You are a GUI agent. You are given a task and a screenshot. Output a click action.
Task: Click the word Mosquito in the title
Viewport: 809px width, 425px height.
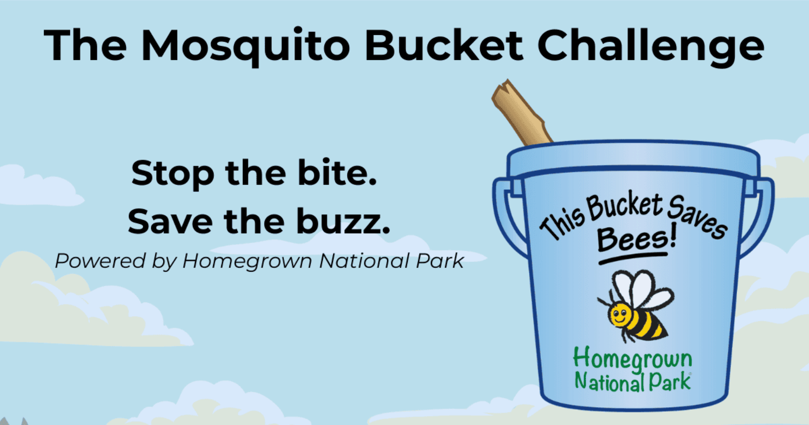pyautogui.click(x=246, y=47)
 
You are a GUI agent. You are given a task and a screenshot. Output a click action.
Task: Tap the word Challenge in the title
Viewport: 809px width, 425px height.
pyautogui.click(x=651, y=47)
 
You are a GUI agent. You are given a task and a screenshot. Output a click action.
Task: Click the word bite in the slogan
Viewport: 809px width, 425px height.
pyautogui.click(x=337, y=173)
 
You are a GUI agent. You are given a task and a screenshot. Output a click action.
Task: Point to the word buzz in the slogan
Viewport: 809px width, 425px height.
pyautogui.click(x=343, y=221)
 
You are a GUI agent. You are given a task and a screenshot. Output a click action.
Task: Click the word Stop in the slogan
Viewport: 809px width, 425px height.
pyautogui.click(x=173, y=174)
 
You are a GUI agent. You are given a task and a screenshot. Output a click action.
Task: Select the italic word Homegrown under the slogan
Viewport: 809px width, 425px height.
pyautogui.click(x=247, y=261)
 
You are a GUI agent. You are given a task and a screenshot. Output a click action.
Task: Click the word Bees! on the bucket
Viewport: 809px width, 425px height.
pyautogui.click(x=637, y=238)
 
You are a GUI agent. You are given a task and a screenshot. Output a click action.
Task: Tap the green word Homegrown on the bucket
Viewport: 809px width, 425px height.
pyautogui.click(x=633, y=359)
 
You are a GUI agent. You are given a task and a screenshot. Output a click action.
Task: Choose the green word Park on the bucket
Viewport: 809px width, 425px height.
pyautogui.click(x=670, y=382)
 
